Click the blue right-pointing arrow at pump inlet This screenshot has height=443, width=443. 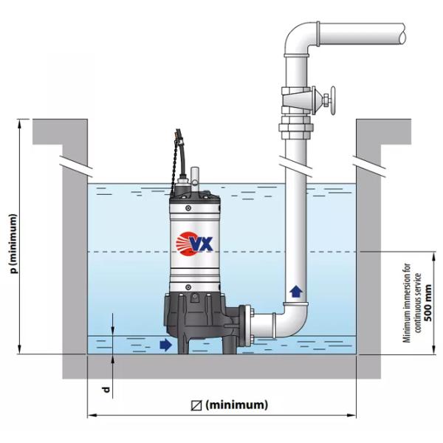(165, 344)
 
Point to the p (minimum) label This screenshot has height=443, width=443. (13, 244)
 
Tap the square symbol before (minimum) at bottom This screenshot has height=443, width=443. (196, 405)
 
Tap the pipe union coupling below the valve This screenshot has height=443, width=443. (295, 131)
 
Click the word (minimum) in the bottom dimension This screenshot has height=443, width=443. (236, 405)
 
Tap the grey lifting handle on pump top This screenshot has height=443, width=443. (196, 177)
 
